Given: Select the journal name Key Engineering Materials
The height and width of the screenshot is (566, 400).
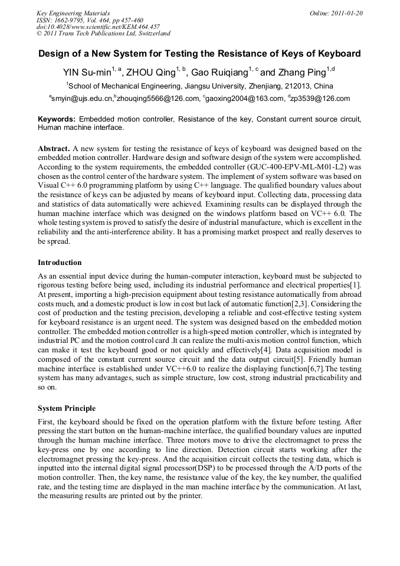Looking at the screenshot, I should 73,13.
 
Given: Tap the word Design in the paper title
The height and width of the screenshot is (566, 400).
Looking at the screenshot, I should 54,54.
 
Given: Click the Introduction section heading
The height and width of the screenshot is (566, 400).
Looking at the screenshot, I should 60,263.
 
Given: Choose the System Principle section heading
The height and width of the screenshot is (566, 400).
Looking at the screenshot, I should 67,408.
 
